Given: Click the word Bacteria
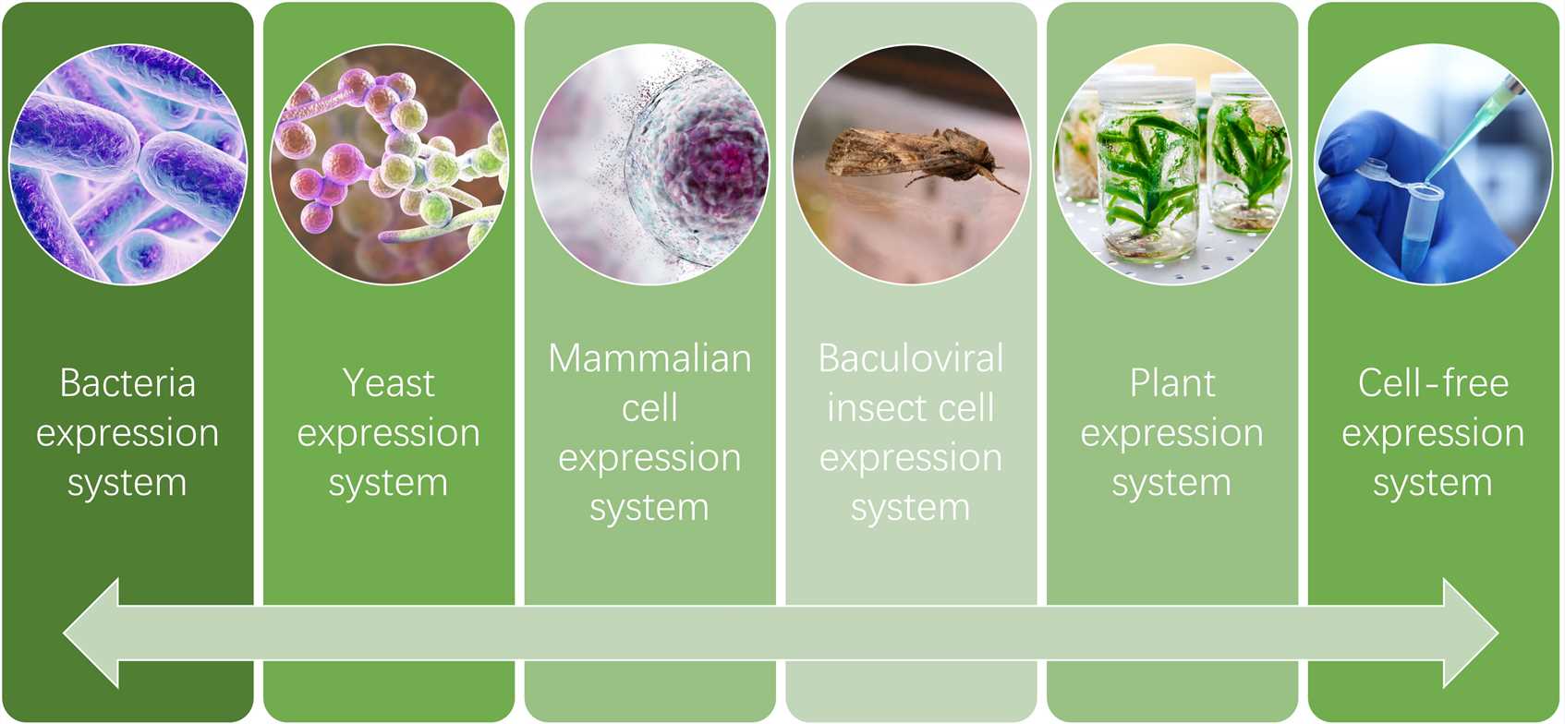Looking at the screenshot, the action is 127,382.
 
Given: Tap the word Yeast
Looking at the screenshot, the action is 388,382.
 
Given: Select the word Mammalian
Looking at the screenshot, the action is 649,358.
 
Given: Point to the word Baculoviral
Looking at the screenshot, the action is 910,358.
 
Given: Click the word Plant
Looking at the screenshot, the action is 1172,382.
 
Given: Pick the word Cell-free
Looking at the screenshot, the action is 1433,382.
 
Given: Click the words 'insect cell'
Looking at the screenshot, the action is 910,408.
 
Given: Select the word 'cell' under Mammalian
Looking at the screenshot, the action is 649,408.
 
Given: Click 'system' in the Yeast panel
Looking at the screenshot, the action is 388,484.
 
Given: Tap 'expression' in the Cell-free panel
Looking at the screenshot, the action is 1433,434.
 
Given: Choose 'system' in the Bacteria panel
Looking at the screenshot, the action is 127,484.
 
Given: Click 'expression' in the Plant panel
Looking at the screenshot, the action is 1172,434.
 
